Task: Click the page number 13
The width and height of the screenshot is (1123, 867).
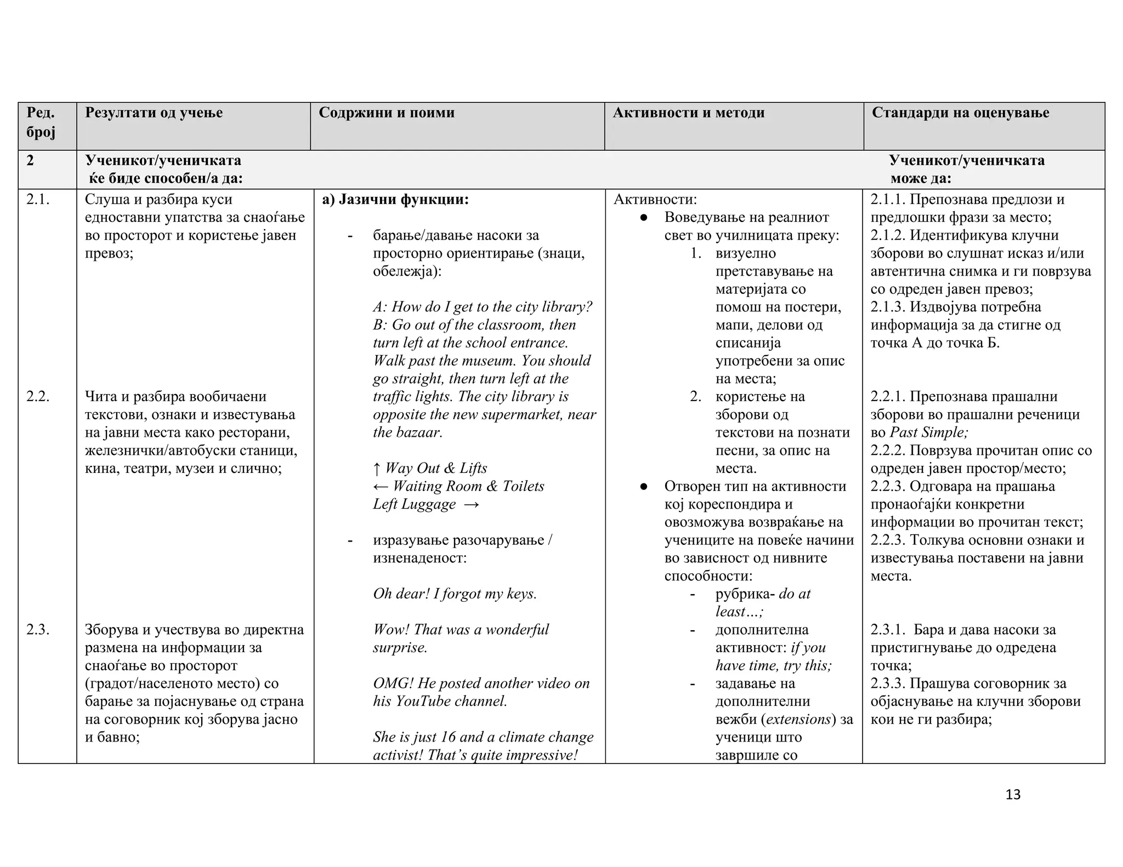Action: (1013, 795)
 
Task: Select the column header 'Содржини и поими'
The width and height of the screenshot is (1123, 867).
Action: (387, 113)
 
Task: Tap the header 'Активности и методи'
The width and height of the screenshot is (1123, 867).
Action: (688, 113)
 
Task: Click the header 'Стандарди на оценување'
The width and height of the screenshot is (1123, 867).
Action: (960, 113)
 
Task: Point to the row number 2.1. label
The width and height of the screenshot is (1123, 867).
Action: (38, 199)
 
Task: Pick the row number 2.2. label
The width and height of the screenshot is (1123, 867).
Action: (38, 396)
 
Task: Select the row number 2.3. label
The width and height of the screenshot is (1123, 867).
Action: (38, 630)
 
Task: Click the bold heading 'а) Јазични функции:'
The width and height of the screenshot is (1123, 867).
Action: (395, 199)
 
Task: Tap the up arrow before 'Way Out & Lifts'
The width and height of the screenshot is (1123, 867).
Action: (377, 469)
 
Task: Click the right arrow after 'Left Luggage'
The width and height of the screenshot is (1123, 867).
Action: (471, 504)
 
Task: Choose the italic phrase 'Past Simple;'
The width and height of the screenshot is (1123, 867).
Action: (929, 432)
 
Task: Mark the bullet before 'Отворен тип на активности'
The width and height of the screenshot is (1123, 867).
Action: (644, 487)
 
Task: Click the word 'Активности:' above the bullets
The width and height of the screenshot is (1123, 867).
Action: (655, 199)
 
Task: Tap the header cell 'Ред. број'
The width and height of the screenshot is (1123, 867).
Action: (41, 123)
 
